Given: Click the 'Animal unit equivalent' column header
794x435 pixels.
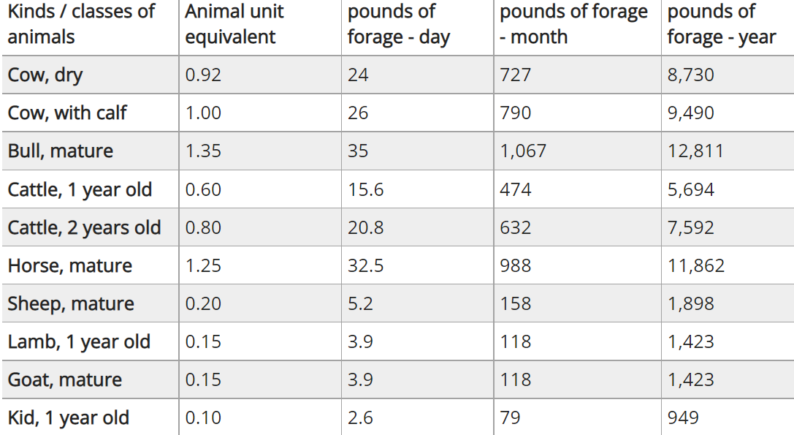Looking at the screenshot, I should [x=234, y=24].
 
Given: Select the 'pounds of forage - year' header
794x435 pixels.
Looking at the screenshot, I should [x=721, y=24].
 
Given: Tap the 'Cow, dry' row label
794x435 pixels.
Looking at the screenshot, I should [x=45, y=75].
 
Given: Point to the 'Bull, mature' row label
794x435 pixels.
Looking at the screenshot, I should [x=61, y=151].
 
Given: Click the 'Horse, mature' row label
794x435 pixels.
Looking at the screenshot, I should [x=70, y=265].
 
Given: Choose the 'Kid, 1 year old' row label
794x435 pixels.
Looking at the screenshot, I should [x=69, y=417].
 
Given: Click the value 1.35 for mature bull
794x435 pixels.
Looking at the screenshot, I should [x=203, y=151].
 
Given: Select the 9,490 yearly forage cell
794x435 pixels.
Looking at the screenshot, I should [x=690, y=113].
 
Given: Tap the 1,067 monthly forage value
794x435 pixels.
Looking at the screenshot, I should [x=523, y=151].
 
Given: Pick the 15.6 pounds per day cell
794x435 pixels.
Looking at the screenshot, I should [x=366, y=189].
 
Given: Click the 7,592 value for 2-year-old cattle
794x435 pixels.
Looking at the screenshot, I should [x=690, y=227].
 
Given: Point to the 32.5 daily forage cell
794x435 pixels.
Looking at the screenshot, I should [x=366, y=265].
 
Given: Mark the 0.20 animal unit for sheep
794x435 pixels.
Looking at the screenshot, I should [x=203, y=303].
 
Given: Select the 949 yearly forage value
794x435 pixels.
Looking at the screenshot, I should [x=683, y=417].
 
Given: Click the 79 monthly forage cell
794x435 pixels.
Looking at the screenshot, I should [x=509, y=417].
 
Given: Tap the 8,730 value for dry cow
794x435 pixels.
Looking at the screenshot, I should [x=690, y=75].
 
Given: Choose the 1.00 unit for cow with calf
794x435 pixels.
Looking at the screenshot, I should [x=203, y=113].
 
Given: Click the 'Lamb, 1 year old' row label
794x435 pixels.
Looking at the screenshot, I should [x=79, y=341].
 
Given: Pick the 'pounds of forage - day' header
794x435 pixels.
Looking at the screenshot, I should [x=399, y=24].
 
